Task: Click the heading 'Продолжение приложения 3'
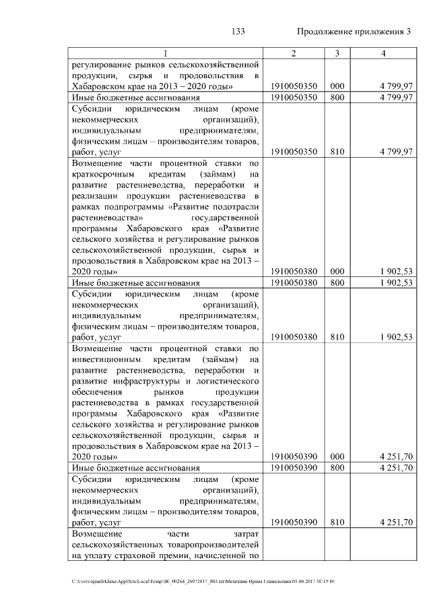[x=354, y=32]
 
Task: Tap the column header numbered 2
[x=293, y=53]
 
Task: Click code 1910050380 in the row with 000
[x=293, y=271]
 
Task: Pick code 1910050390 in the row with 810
[x=293, y=522]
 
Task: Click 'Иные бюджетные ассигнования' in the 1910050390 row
[x=136, y=468]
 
